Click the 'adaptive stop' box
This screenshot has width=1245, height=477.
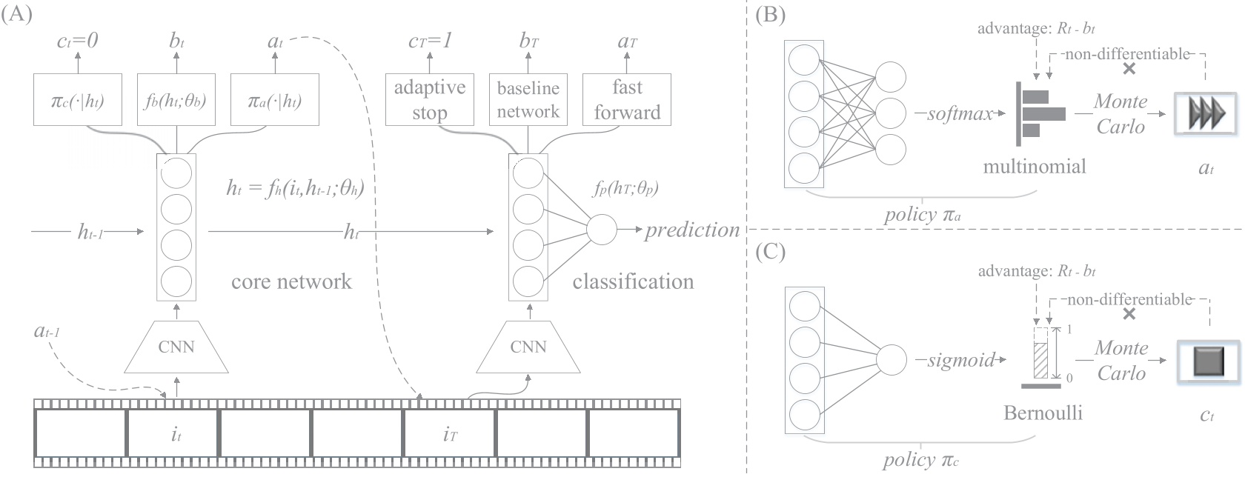[429, 99]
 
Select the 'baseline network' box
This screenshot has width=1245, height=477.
[528, 99]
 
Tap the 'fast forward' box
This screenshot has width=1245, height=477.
[627, 99]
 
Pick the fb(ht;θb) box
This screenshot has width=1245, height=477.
[176, 99]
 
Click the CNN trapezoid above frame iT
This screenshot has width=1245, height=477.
[528, 347]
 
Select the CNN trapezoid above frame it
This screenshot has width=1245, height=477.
[176, 347]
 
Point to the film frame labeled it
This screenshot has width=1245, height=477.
[173, 433]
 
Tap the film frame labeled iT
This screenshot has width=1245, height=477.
[449, 433]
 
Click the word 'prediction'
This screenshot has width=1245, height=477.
[691, 230]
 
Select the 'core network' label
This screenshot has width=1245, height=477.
[291, 281]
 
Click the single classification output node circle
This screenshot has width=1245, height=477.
[602, 230]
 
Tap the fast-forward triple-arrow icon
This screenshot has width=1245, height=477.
[1205, 113]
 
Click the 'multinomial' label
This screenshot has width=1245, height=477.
[1034, 166]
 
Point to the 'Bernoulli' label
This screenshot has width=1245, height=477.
[1043, 413]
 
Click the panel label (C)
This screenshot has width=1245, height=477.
[769, 252]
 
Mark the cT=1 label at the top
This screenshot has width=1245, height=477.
[430, 41]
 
